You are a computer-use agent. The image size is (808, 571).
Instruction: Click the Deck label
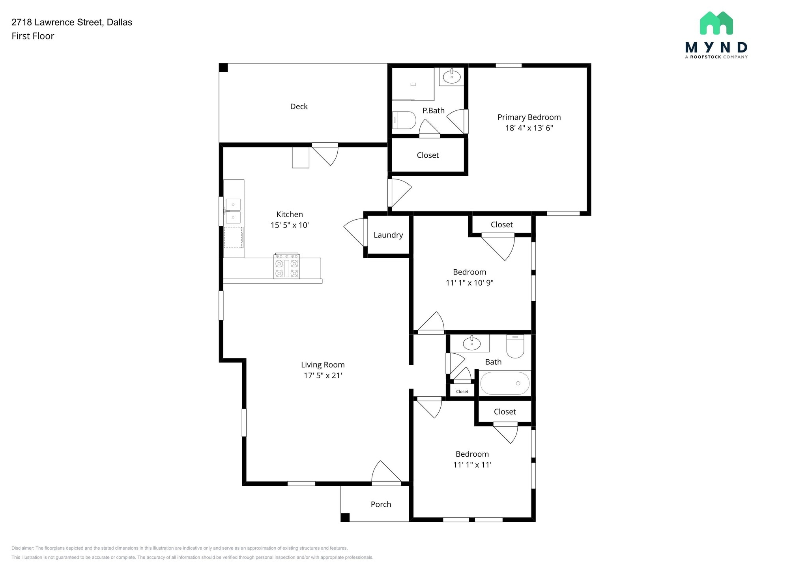pyautogui.click(x=299, y=106)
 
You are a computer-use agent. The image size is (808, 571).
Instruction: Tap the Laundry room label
pyautogui.click(x=388, y=235)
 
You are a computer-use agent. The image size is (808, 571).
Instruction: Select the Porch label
pyautogui.click(x=381, y=504)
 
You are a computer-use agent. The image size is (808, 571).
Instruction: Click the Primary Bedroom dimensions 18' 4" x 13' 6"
pyautogui.click(x=529, y=128)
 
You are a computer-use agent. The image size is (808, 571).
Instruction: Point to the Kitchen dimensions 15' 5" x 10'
pyautogui.click(x=290, y=225)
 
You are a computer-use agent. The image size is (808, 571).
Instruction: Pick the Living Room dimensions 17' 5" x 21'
pyautogui.click(x=323, y=375)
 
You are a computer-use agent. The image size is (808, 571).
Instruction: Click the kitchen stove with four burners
pyautogui.click(x=287, y=266)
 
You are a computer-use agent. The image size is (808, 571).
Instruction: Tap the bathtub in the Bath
pyautogui.click(x=505, y=383)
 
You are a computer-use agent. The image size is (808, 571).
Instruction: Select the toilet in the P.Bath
pyautogui.click(x=404, y=120)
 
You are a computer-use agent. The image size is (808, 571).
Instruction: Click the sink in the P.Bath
pyautogui.click(x=452, y=77)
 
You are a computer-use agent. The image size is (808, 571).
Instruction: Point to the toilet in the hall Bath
pyautogui.click(x=515, y=346)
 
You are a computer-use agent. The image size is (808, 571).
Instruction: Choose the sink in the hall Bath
pyautogui.click(x=472, y=343)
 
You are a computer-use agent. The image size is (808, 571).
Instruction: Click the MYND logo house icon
pyautogui.click(x=716, y=23)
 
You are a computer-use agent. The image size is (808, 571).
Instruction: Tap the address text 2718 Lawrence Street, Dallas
pyautogui.click(x=72, y=22)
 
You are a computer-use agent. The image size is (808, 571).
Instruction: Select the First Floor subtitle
pyautogui.click(x=33, y=36)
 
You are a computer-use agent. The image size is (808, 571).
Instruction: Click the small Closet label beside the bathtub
pyautogui.click(x=462, y=392)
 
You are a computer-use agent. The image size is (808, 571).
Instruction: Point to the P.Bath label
pyautogui.click(x=434, y=111)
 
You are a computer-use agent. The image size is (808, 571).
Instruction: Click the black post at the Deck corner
pyautogui.click(x=223, y=68)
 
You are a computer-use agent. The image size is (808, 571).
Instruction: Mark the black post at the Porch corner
pyautogui.click(x=345, y=517)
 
